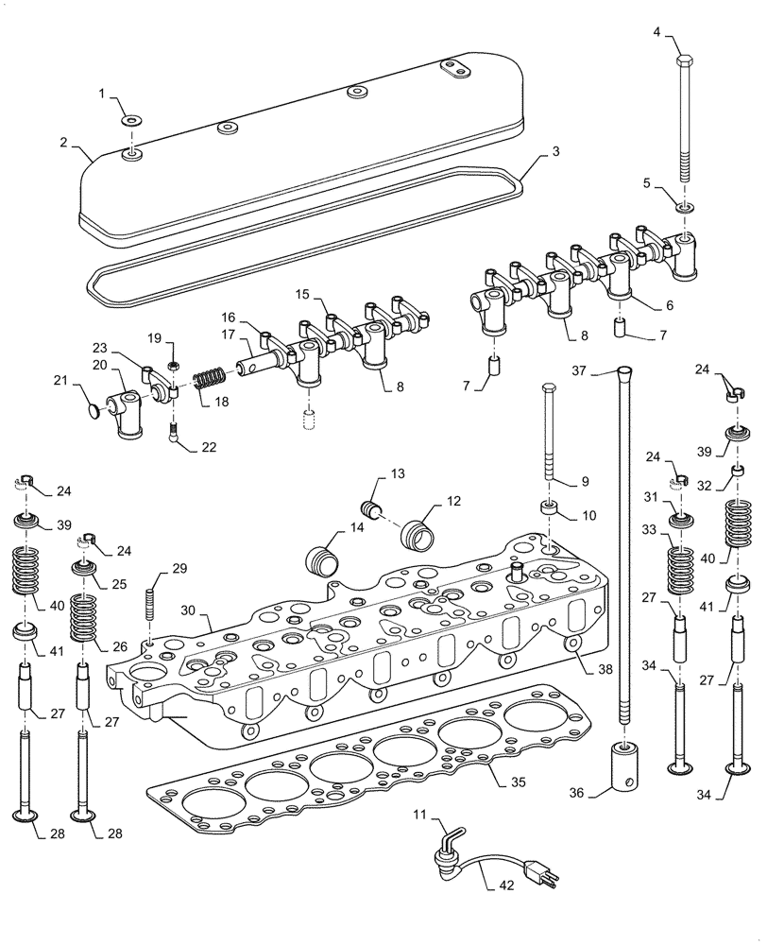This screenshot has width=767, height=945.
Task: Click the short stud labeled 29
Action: click(149, 606)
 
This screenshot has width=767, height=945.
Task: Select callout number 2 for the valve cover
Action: click(63, 143)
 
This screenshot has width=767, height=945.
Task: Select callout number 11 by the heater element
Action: click(419, 814)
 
